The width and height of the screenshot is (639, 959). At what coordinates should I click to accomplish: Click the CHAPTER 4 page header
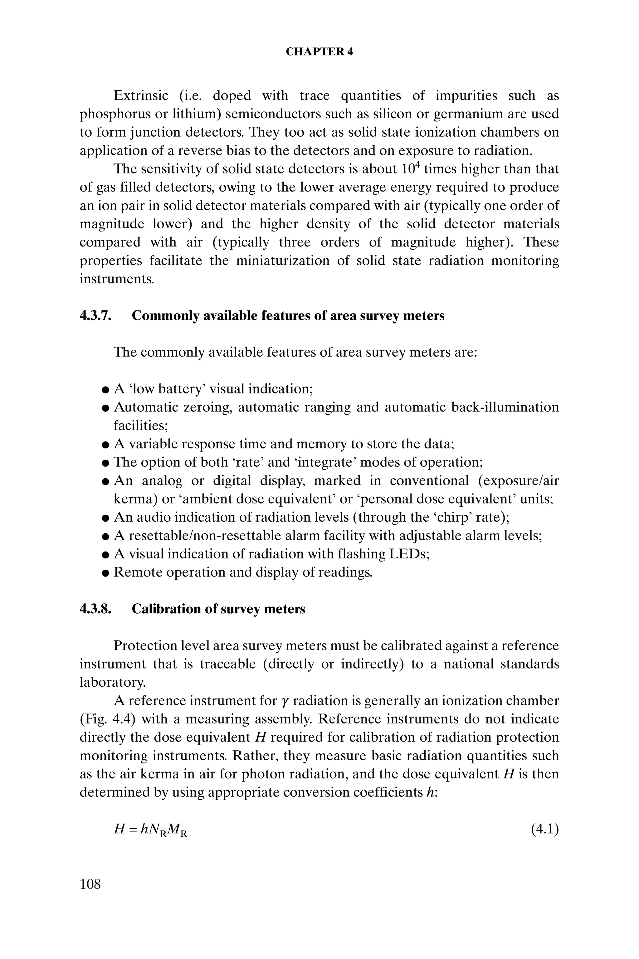(319, 52)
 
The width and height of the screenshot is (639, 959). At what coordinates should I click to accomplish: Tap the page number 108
(90, 884)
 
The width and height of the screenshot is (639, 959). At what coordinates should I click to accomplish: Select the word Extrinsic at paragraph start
(141, 96)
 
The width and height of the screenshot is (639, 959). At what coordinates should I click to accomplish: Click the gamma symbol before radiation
(285, 702)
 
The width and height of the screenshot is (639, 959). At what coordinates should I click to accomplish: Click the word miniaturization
(283, 261)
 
